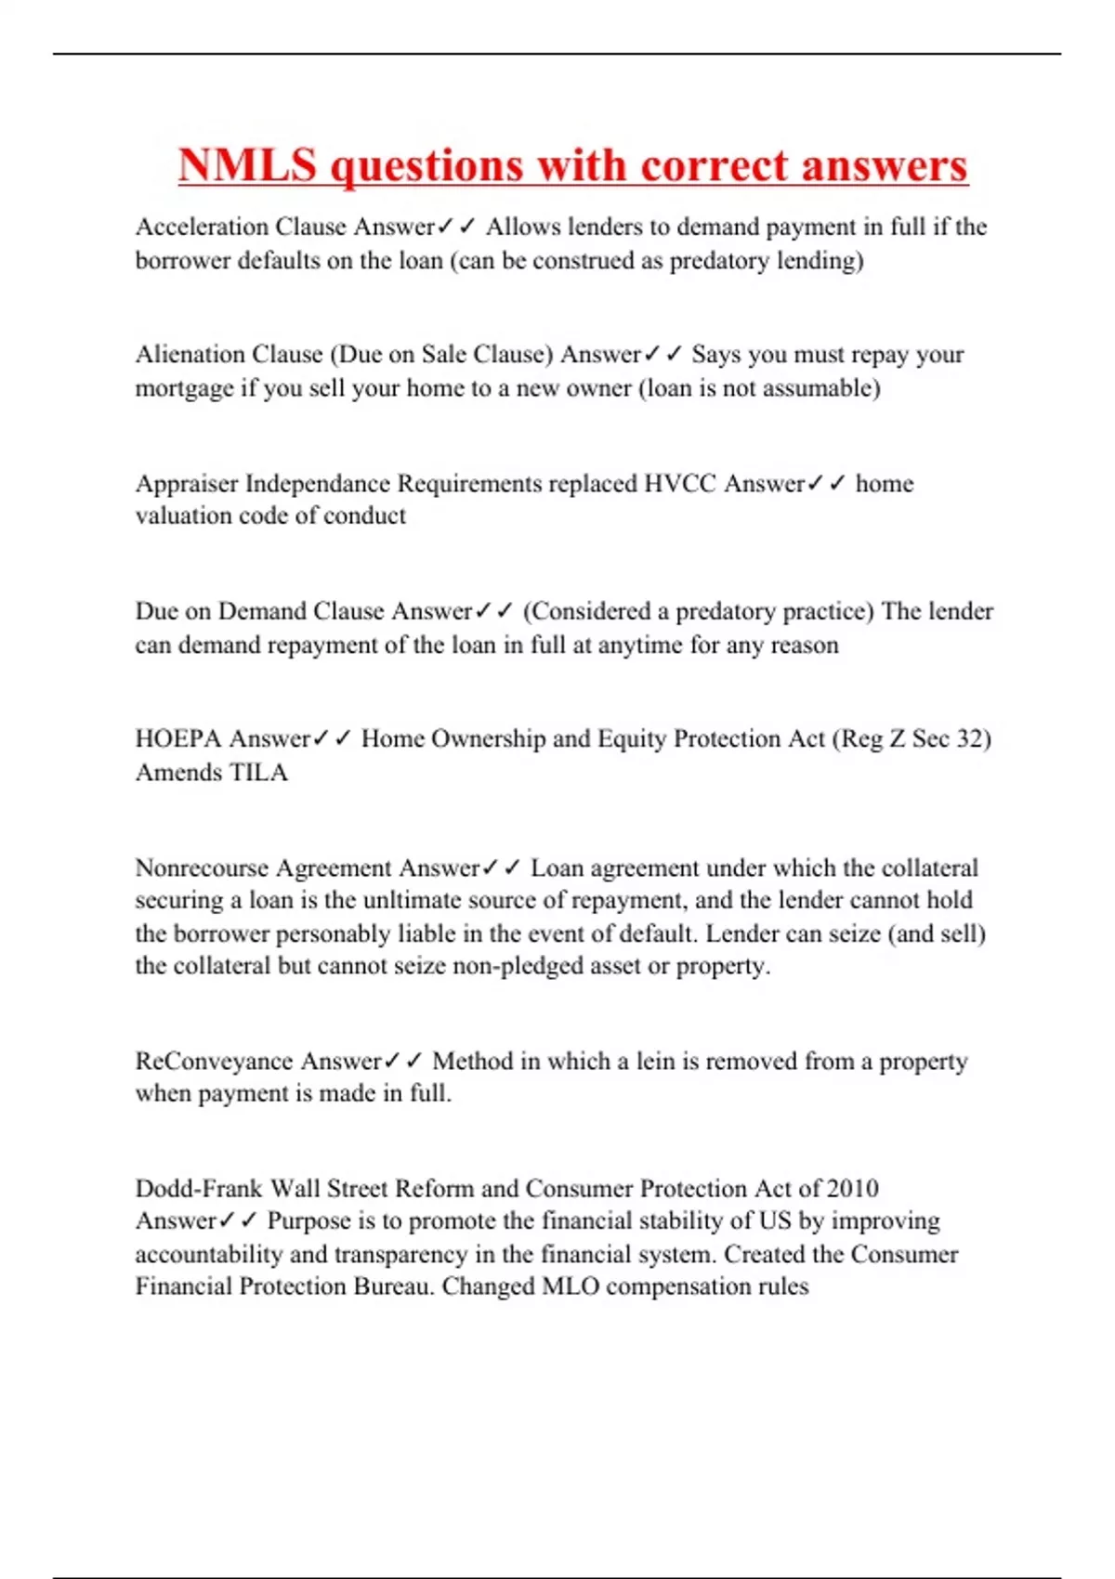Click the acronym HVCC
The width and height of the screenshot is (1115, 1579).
click(680, 483)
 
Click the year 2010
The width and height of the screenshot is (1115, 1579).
click(852, 1188)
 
